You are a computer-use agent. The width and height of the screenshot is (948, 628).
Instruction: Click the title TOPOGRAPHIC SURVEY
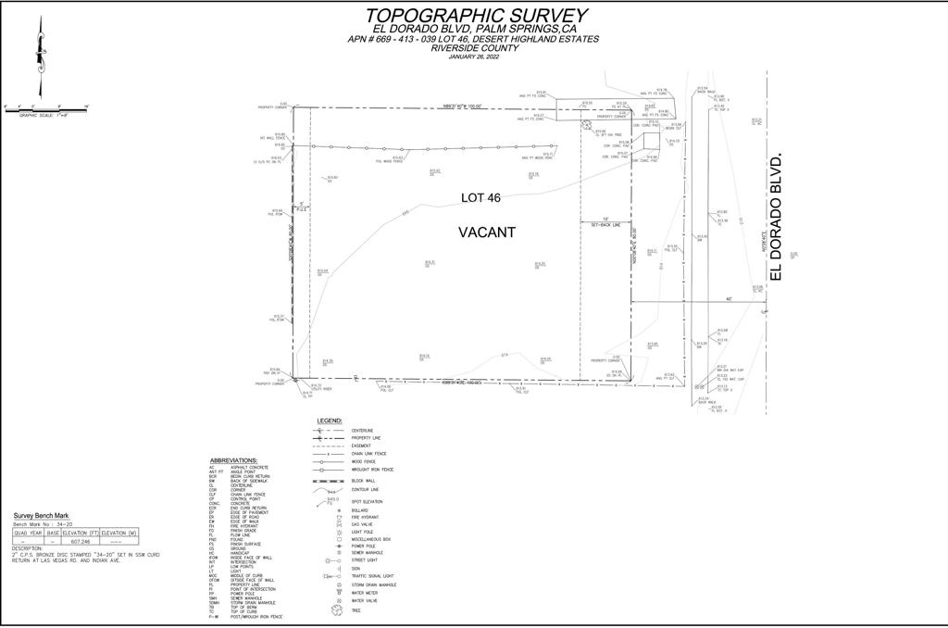(476, 16)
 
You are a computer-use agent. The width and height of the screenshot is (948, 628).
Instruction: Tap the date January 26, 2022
(473, 57)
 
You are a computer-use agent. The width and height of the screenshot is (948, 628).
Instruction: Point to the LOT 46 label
(480, 198)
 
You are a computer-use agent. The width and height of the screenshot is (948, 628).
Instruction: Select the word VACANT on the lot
(487, 233)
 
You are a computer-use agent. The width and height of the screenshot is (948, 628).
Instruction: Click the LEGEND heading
(330, 421)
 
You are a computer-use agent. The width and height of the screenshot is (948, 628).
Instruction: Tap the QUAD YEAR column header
(28, 533)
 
